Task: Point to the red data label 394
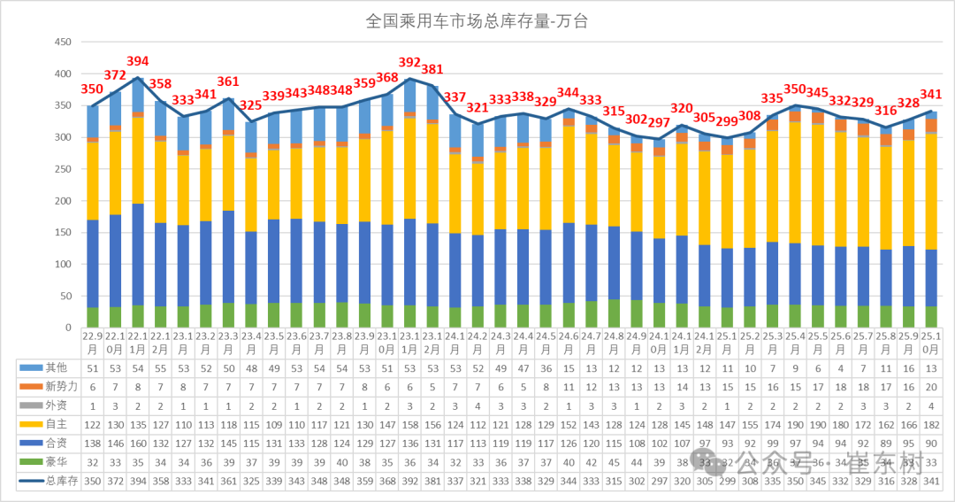[138, 61]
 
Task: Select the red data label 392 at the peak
[409, 63]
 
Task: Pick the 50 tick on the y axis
[65, 297]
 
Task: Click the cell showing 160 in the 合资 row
[138, 443]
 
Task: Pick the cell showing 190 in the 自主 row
[795, 424]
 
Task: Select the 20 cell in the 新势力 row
[930, 387]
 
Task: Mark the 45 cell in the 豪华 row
[614, 461]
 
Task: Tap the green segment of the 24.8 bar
[614, 313]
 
